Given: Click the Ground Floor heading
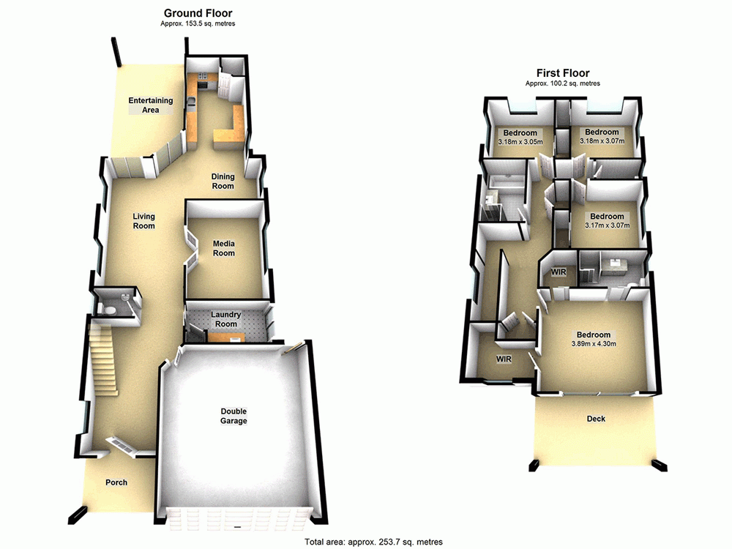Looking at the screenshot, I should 198,13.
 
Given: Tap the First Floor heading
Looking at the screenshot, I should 562,73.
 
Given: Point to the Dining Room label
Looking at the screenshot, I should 223,181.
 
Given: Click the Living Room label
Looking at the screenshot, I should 144,221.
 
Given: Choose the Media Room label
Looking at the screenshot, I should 224,248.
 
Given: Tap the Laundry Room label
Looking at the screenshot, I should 226,319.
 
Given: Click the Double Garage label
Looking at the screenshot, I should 234,416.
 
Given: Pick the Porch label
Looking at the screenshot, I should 116,482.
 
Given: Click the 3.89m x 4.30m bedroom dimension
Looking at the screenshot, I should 594,344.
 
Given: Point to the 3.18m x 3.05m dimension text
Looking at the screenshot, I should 520,141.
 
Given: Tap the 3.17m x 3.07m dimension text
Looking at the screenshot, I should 608,225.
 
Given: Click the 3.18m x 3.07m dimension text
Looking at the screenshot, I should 601,141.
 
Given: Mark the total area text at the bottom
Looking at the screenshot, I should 373,542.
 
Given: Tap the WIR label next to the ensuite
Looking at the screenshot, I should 559,272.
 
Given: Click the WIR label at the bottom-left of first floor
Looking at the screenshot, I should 504,359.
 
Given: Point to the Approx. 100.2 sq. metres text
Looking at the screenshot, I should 562,83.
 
